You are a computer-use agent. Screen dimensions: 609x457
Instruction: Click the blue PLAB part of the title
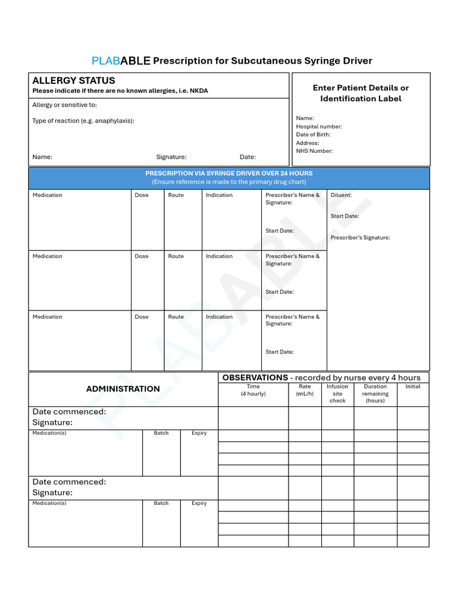coord(106,61)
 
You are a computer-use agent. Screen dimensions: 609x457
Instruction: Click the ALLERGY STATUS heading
coord(74,80)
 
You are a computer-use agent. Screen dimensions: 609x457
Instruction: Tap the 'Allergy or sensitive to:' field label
coord(64,105)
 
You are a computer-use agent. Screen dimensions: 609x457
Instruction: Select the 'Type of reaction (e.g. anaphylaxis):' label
coord(83,121)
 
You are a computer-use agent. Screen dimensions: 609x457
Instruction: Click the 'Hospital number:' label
coord(319,126)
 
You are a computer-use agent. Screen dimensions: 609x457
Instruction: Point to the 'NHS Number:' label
coord(314,151)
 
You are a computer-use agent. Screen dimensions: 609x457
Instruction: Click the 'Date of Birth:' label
coord(313,134)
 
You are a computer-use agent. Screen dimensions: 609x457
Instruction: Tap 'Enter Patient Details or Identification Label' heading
coord(361,93)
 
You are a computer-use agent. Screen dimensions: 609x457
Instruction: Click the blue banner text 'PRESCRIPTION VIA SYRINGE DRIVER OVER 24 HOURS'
coord(229,173)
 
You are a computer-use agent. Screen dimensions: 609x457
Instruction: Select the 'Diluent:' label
coord(341,195)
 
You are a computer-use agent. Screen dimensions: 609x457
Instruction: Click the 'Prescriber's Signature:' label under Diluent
coord(360,237)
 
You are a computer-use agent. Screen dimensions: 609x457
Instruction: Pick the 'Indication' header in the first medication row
coord(219,195)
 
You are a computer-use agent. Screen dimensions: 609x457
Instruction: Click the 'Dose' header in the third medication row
coord(142,317)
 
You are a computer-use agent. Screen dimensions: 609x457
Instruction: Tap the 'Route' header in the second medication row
coord(176,256)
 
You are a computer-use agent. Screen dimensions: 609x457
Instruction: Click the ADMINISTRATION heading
coord(123,389)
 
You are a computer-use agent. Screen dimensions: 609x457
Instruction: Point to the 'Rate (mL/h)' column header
coord(305,390)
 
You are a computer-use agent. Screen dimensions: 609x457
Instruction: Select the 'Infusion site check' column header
coord(337,393)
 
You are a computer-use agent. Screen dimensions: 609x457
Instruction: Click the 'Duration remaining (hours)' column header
coord(375,393)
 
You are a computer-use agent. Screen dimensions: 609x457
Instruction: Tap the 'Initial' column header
coord(412,387)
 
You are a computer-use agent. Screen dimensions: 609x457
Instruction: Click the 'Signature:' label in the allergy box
coord(171,157)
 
